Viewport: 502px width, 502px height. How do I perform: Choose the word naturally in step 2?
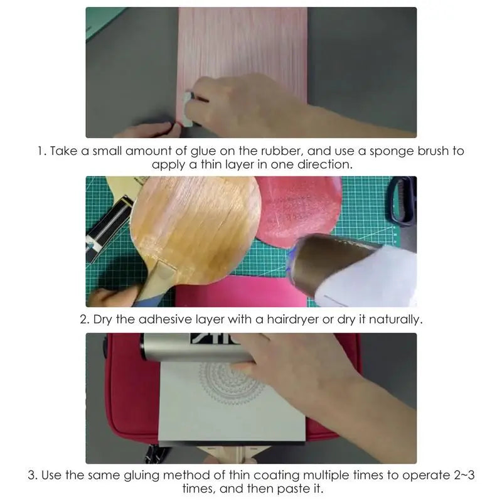pyautogui.click(x=395, y=319)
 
